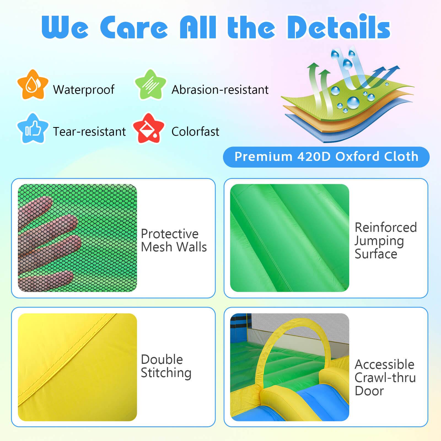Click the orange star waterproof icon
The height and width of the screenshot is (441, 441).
[33, 85]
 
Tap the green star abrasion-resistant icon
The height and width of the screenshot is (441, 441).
[150, 85]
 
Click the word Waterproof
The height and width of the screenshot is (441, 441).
[84, 90]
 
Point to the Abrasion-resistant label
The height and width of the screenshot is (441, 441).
[220, 90]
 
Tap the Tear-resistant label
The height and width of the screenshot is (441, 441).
[89, 132]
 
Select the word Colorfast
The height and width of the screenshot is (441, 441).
[195, 132]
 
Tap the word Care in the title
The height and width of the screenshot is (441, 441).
[134, 28]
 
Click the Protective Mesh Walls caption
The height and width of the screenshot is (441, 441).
[174, 240]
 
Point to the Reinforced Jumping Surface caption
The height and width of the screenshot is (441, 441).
[385, 240]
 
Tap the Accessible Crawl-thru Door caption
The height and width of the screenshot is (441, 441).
[385, 378]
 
